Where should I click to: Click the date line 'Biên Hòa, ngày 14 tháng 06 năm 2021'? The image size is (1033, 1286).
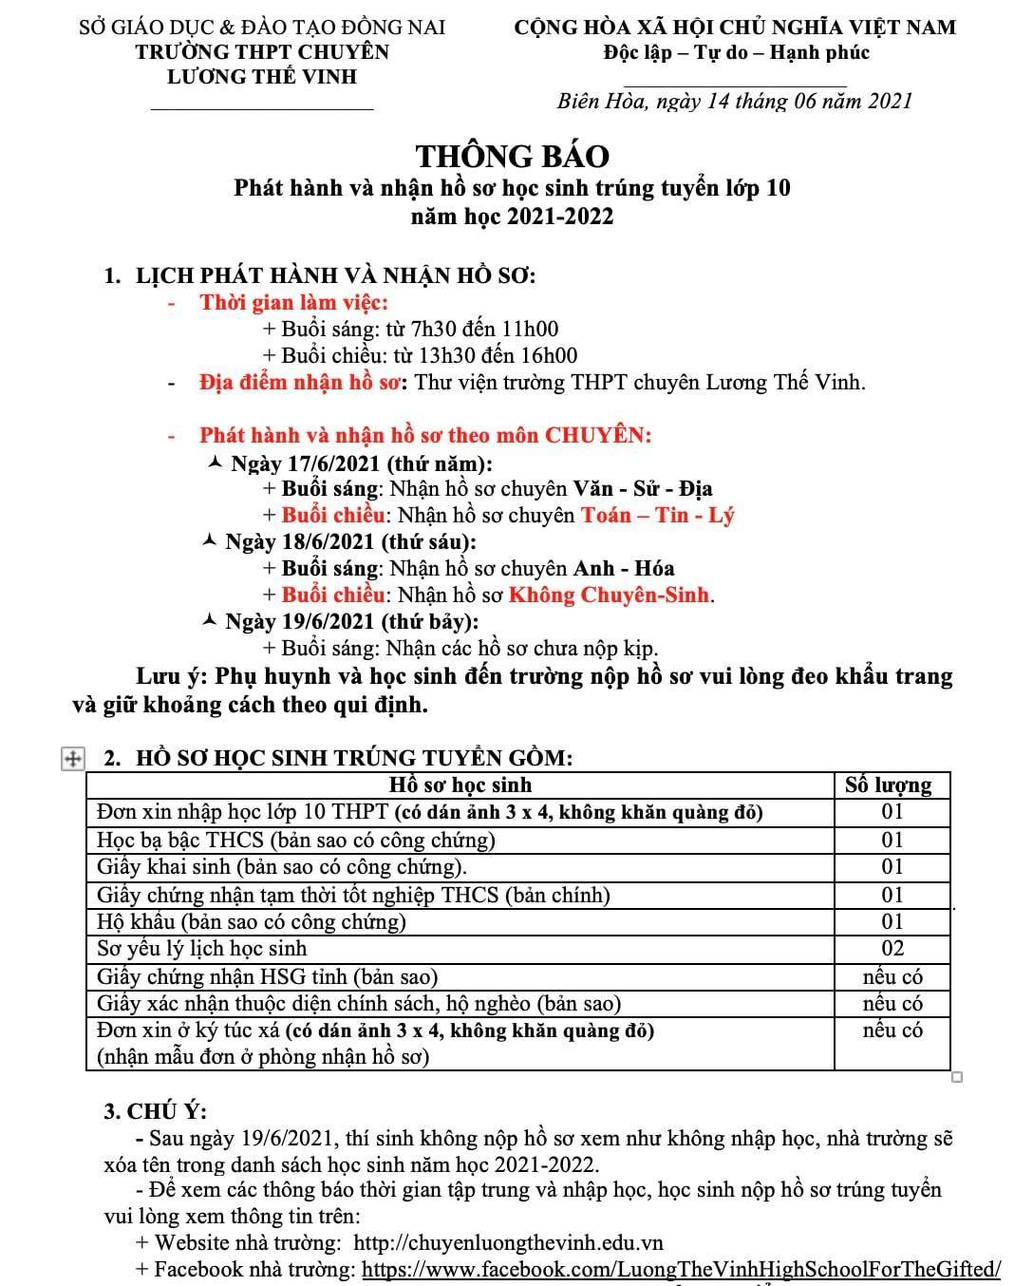coord(734,101)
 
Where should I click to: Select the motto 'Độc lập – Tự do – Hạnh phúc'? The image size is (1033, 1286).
coord(736,52)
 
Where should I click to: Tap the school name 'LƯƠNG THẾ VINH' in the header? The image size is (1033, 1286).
coord(262,77)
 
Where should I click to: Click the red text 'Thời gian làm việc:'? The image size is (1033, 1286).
coord(293,303)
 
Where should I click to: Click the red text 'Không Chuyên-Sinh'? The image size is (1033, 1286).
coord(609,595)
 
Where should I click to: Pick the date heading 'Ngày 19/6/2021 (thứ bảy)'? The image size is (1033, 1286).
coord(351,621)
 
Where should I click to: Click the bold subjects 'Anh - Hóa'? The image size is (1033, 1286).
coord(624,568)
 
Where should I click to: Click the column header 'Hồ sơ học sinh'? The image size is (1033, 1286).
coord(460,785)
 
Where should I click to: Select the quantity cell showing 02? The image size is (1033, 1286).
coord(892,948)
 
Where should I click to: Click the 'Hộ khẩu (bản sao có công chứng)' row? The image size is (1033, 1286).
coord(252,921)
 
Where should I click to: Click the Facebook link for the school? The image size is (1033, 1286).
coord(682,1269)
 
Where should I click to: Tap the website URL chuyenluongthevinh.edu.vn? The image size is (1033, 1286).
coord(508,1242)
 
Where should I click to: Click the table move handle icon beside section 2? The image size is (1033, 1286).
coord(71,758)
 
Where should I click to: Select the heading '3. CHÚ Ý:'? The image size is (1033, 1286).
coord(155,1111)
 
